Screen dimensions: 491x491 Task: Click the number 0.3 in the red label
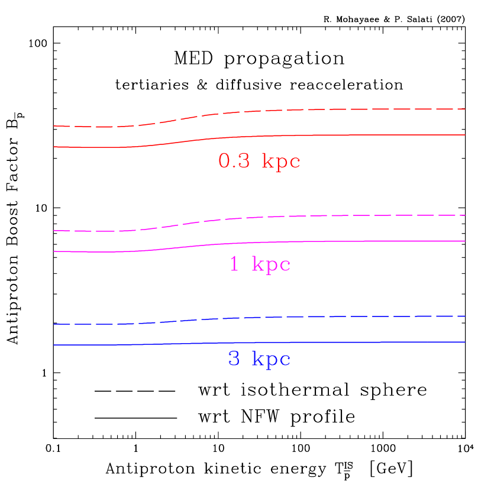coord(234,161)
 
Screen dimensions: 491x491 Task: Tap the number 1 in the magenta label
coord(234,264)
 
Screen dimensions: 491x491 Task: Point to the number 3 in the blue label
coord(234,359)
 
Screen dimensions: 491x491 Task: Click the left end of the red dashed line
coord(54,126)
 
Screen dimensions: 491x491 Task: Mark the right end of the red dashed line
coord(465,109)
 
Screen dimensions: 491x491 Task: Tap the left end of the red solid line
coord(54,146)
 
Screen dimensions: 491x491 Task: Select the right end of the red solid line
coord(465,135)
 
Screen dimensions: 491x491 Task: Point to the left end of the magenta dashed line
coord(54,230)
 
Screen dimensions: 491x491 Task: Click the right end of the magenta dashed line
coord(465,215)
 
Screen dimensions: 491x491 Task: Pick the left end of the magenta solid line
coord(54,251)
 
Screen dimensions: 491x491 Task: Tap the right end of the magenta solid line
coord(465,241)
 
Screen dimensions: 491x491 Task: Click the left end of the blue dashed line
coord(54,324)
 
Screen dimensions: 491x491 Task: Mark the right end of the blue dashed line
coord(465,316)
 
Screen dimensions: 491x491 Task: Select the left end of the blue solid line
coord(54,344)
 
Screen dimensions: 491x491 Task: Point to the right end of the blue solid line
coord(465,342)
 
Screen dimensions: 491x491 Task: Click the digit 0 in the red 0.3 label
coord(225,161)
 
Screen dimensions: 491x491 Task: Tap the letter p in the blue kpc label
coord(272,361)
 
